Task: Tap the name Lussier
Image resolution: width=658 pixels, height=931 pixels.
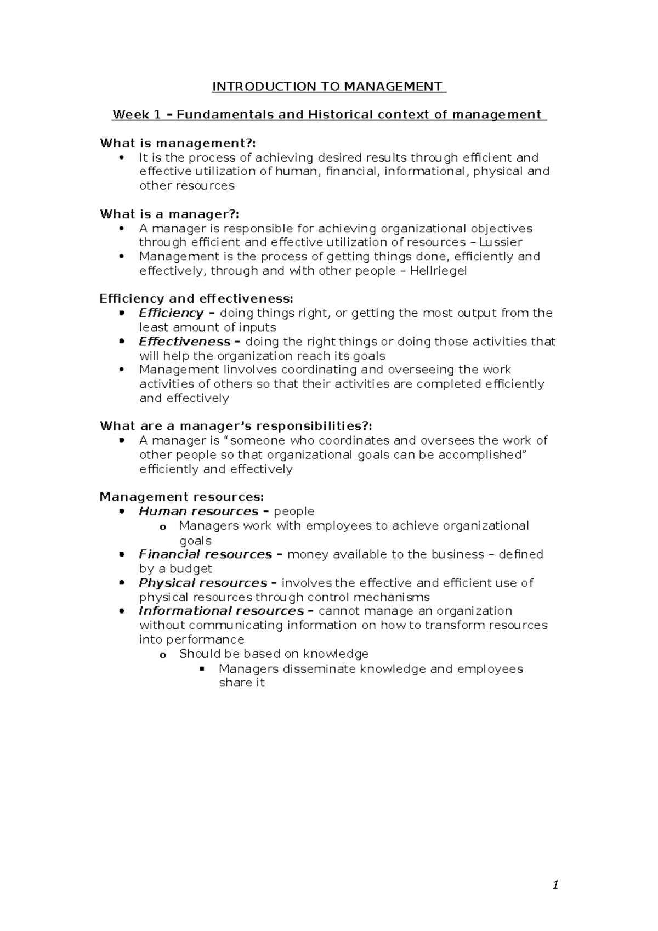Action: (x=501, y=242)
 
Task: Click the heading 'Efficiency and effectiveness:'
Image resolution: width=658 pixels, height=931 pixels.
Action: (x=196, y=299)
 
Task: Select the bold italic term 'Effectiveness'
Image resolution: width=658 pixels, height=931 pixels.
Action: (x=185, y=342)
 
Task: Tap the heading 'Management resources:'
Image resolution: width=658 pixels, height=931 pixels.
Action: (x=181, y=497)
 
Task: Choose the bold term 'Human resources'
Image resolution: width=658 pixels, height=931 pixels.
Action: (x=198, y=512)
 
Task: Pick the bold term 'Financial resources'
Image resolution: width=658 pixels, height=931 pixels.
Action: (x=206, y=554)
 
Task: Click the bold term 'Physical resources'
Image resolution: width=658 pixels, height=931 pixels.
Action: (x=203, y=583)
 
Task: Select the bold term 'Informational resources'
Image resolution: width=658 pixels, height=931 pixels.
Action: (x=222, y=611)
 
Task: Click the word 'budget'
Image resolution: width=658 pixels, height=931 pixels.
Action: (x=190, y=569)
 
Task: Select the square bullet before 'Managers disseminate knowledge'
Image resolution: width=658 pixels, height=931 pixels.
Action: (x=202, y=668)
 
